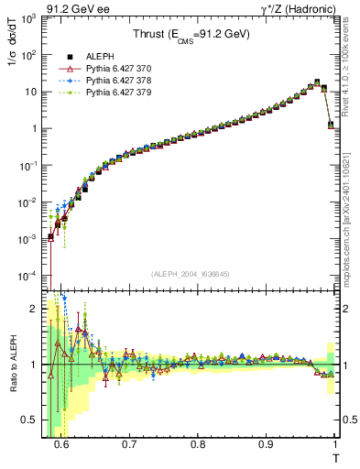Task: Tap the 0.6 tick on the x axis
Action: (61, 444)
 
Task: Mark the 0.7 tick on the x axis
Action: (129, 444)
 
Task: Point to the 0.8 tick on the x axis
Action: (197, 444)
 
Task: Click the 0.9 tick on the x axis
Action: (266, 444)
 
